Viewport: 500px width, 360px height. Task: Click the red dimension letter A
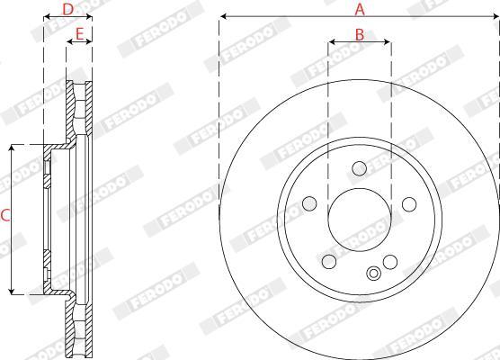360,9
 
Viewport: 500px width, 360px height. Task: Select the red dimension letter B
360,35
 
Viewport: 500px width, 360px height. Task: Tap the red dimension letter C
5,216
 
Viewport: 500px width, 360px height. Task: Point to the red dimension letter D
67,10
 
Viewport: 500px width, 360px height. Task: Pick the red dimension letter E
79,33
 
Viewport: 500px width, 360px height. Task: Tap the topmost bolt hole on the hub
360,168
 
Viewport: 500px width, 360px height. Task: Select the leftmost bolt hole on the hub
309,203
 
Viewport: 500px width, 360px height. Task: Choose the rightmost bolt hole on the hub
409,204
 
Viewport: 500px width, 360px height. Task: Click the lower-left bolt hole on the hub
329,262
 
